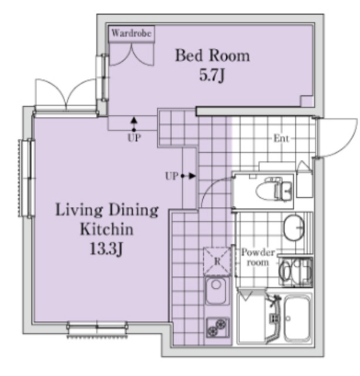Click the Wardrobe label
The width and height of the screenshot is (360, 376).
point(132,33)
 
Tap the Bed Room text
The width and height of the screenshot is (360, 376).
point(213,55)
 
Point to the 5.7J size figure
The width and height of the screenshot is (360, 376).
point(212,75)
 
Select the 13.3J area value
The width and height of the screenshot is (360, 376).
point(106,249)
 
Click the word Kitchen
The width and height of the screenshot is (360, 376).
point(107,229)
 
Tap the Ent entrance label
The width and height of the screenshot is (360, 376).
point(281,139)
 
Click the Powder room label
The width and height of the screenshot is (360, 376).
point(258,257)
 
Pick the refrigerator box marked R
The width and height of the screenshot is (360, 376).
point(217,261)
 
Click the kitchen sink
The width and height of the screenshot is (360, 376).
point(217,291)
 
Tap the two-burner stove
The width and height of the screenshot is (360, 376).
point(218,328)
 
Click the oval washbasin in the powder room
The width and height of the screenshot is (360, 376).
point(294,227)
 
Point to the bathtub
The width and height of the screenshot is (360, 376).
point(297,318)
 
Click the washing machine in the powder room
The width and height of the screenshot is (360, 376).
point(295,271)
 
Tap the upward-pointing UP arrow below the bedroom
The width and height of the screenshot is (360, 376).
point(134,124)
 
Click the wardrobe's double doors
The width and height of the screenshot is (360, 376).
point(132,54)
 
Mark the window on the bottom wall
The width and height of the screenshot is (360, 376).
point(97,329)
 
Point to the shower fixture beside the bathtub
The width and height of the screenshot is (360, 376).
point(274,318)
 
